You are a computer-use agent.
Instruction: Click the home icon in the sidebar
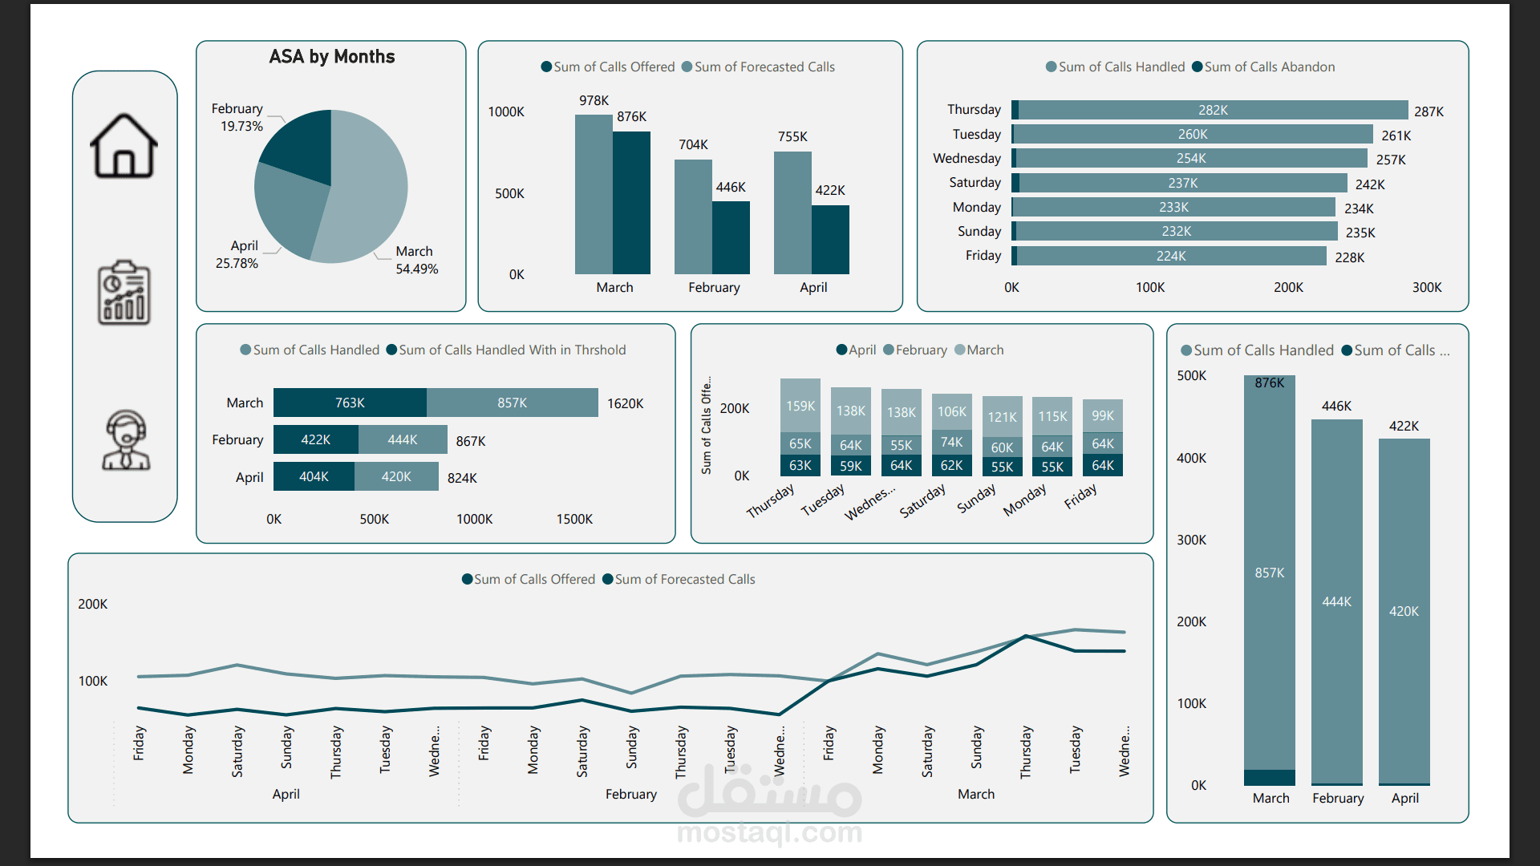(124, 145)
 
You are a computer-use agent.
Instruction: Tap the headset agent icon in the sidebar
(126, 439)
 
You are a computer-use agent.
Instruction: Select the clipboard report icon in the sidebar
(124, 293)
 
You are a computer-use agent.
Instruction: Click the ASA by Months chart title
(332, 57)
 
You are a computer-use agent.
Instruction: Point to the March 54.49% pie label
(416, 260)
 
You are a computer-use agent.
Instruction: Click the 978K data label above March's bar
(594, 100)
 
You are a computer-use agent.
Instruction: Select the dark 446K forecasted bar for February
(731, 237)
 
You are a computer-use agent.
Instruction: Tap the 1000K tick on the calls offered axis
(506, 111)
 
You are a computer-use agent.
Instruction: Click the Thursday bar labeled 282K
(1213, 110)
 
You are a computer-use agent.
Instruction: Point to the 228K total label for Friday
(1349, 257)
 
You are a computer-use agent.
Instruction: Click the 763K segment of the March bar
(350, 403)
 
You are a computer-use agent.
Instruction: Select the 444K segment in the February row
(403, 439)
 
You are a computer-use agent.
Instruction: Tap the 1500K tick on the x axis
(574, 519)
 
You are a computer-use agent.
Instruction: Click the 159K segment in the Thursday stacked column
(800, 406)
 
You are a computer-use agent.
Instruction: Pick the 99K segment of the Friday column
(1103, 415)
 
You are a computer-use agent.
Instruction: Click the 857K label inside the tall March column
(1270, 573)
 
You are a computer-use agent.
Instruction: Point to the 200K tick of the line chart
(92, 604)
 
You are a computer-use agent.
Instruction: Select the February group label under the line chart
(631, 794)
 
